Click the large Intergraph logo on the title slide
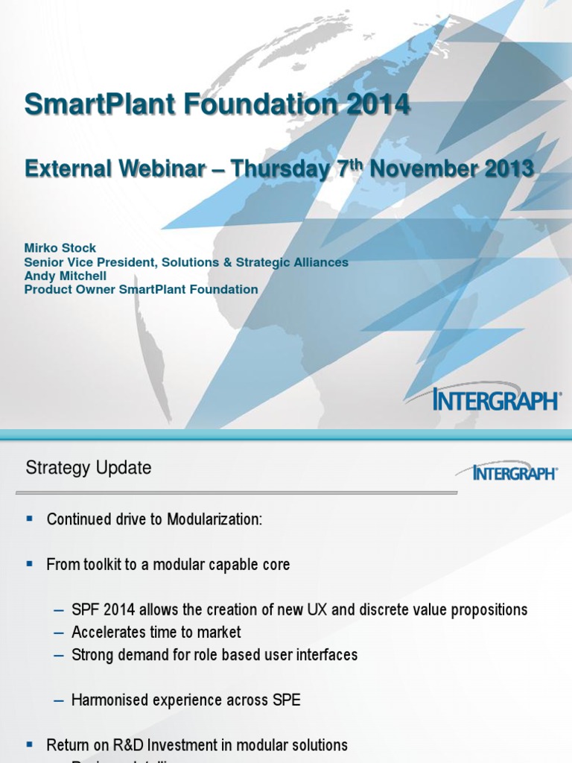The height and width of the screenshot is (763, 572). pyautogui.click(x=496, y=400)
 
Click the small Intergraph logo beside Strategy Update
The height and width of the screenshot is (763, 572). pyautogui.click(x=506, y=472)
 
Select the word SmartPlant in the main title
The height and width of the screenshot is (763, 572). pyautogui.click(x=92, y=104)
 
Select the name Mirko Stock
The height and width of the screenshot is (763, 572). pyautogui.click(x=60, y=248)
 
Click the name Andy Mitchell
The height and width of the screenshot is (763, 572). pyautogui.click(x=66, y=276)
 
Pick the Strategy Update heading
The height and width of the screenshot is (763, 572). pyautogui.click(x=89, y=468)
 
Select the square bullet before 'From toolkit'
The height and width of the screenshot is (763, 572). pyautogui.click(x=30, y=565)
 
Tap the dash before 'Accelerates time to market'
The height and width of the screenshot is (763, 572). pyautogui.click(x=60, y=633)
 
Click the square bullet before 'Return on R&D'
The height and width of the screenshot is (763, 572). pyautogui.click(x=30, y=745)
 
